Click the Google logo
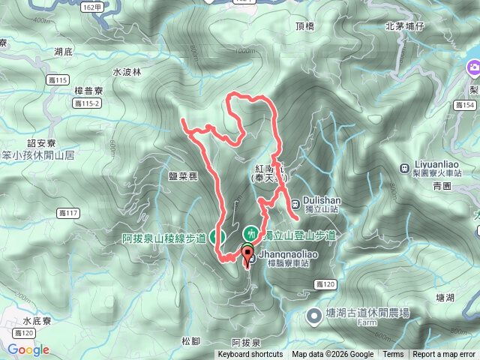pos(28,349)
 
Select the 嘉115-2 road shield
pos(89,103)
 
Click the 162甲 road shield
pos(91,7)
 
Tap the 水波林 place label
pos(126,73)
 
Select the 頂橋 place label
pos(304,27)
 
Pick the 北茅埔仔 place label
pos(405,27)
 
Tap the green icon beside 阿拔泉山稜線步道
pos(218,237)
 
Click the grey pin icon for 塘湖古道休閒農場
pos(314,317)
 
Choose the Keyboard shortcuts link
pos(250,355)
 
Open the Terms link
pos(393,355)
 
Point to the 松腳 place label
pos(191,341)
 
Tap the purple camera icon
pos(474,70)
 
